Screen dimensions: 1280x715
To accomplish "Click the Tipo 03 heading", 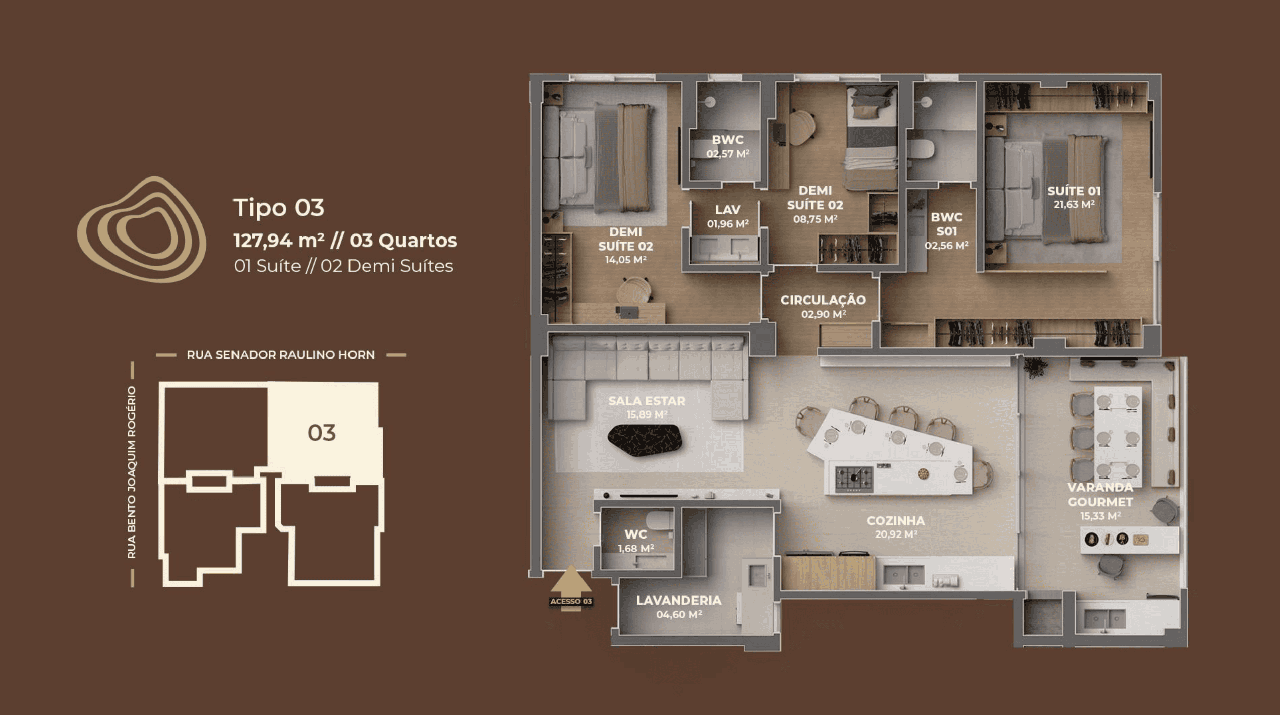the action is tap(278, 208).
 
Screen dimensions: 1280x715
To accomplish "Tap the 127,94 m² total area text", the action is tap(279, 241).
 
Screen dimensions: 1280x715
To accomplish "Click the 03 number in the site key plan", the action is tap(322, 433).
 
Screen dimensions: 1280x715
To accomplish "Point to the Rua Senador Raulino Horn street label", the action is tap(280, 355).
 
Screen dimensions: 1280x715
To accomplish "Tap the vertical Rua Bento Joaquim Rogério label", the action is tap(132, 472).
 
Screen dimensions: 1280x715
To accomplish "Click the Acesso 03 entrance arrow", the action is tap(571, 588).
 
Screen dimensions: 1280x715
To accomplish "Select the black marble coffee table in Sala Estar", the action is tap(645, 440).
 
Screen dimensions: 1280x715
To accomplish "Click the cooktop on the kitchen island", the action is tap(854, 478).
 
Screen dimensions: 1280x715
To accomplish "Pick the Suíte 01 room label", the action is tap(1074, 197).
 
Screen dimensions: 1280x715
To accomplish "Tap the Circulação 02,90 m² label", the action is tap(823, 307).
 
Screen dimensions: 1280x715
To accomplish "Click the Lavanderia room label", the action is tap(679, 607).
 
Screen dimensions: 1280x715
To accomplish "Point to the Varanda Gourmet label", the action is tap(1100, 501).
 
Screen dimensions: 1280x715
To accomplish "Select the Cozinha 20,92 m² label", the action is tap(896, 527).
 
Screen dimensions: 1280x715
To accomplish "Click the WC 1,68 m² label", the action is tap(636, 541).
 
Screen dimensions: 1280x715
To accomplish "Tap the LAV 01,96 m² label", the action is tap(728, 216).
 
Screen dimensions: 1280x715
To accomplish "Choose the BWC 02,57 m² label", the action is tap(728, 146).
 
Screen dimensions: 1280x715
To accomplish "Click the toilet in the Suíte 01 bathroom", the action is tap(921, 149).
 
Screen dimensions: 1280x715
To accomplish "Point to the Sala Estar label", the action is tap(647, 407).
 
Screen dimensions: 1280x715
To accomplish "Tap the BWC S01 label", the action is tap(947, 231).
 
